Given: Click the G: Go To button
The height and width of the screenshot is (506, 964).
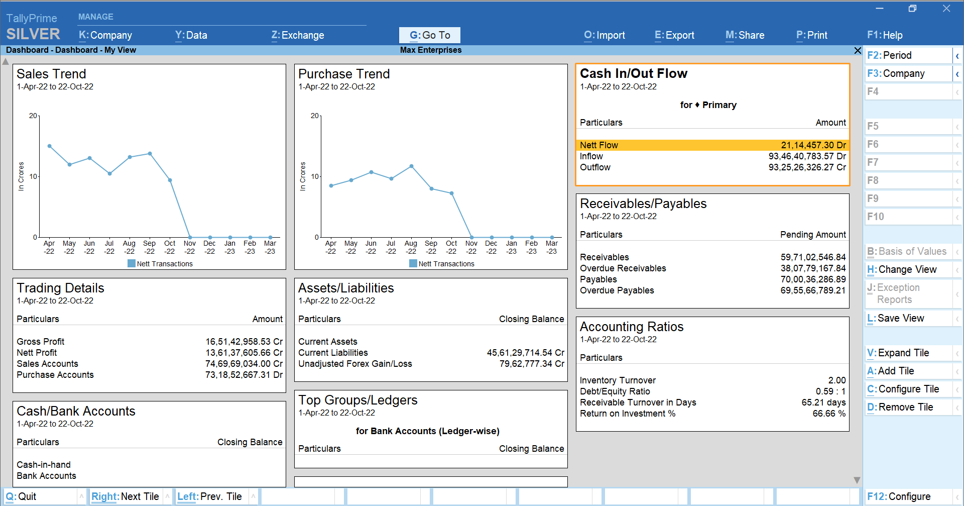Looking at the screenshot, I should (x=429, y=35).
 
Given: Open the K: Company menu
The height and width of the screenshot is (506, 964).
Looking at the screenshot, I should (x=105, y=35).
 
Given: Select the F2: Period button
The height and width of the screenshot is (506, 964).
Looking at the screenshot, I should (x=908, y=55).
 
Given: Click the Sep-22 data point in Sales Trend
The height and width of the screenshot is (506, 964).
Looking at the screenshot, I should (x=150, y=154).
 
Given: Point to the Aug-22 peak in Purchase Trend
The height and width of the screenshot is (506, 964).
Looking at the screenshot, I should (x=411, y=166).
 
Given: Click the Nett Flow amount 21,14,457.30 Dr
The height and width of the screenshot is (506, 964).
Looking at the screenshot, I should (x=813, y=145).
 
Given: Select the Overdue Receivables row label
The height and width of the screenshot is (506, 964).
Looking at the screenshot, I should (x=623, y=268).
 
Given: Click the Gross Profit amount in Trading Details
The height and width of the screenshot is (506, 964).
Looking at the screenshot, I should (x=244, y=342).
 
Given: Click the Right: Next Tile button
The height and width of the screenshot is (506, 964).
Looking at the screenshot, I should (x=126, y=496).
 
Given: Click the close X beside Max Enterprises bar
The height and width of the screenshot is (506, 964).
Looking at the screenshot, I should (x=858, y=50).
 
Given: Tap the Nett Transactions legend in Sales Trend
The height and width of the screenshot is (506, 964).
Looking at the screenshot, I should (x=160, y=264).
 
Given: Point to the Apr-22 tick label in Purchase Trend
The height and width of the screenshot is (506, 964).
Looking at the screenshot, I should (x=330, y=247).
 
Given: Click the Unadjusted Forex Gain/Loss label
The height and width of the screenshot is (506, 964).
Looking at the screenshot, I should (x=355, y=364).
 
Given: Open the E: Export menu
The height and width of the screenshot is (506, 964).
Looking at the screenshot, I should (x=674, y=35).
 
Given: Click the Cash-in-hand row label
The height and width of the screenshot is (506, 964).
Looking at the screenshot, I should (x=44, y=465).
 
